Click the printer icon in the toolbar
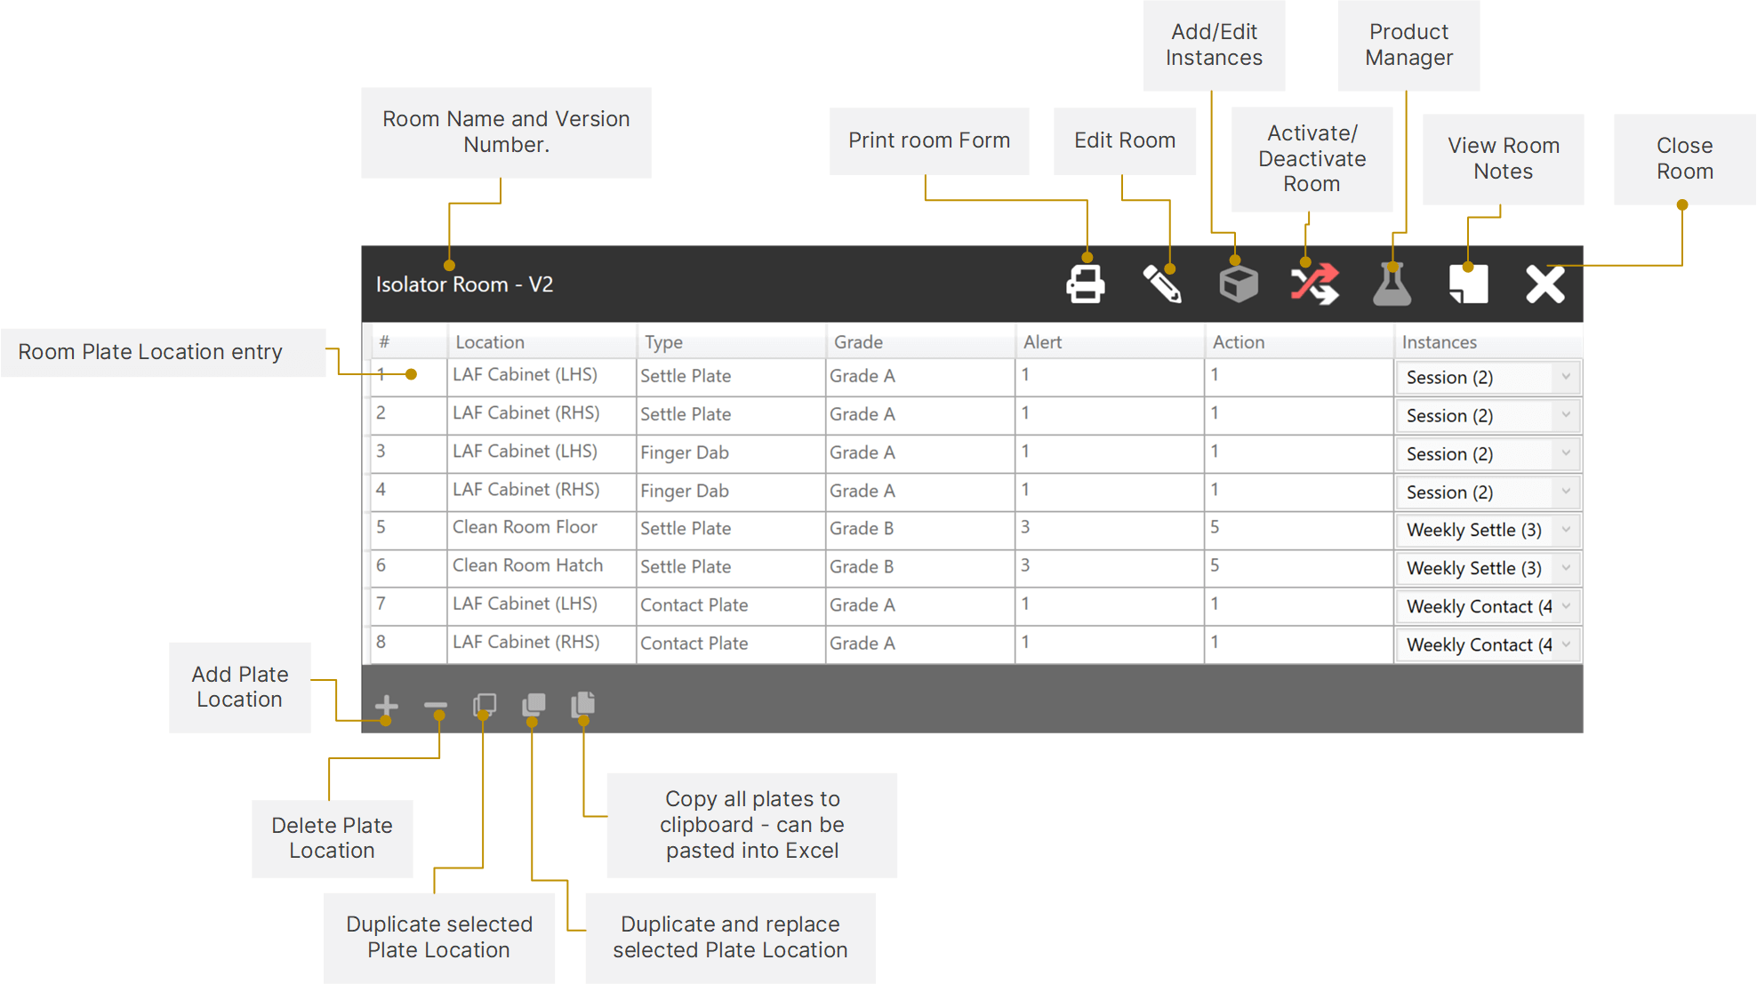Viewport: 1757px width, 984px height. (1086, 284)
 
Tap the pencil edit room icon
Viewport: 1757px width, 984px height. (1162, 284)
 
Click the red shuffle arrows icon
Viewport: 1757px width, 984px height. (1315, 284)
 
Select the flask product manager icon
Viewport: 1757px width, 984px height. (1392, 284)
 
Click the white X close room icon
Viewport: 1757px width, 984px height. (1544, 284)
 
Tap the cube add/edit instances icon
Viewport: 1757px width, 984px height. (1239, 284)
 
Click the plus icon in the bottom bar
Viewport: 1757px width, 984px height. (386, 707)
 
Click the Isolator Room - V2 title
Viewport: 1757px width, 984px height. (464, 284)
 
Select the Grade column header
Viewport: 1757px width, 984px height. (858, 342)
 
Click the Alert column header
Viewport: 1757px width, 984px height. (1042, 342)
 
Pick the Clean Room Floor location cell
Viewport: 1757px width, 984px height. (525, 527)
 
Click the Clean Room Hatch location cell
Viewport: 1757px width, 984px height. (527, 565)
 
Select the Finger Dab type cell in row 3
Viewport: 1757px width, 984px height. (685, 452)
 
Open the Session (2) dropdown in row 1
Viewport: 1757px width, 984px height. (1487, 377)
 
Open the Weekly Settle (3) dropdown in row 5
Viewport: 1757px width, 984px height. (1487, 531)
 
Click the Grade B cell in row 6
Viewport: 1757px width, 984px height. (862, 566)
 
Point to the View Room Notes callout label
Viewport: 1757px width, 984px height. (1503, 158)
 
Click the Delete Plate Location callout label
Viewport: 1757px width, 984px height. (332, 838)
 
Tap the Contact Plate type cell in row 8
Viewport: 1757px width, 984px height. (694, 644)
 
